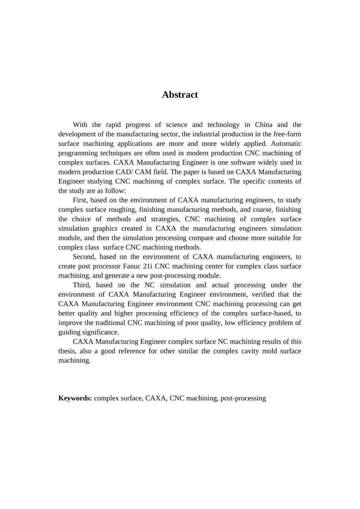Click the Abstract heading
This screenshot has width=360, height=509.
tap(180, 95)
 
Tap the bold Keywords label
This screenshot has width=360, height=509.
tap(75, 398)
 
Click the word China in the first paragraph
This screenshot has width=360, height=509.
tap(263, 125)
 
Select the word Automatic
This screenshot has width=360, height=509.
tap(286, 144)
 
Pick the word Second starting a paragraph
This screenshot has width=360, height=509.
tap(84, 257)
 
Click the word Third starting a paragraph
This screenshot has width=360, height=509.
tap(81, 285)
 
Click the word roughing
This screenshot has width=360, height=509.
tap(122, 210)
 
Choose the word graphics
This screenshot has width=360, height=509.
tap(105, 229)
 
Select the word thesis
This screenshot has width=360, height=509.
tap(67, 351)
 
